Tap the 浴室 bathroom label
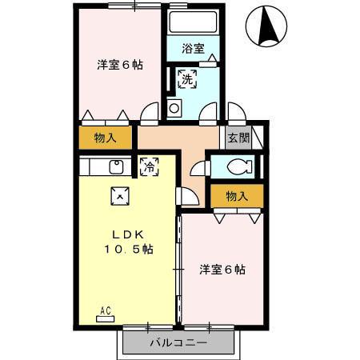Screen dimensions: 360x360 (192, 48)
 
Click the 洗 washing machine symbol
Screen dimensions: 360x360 (186, 78)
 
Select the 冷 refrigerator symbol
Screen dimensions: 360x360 (149, 166)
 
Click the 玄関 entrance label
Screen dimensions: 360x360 (238, 138)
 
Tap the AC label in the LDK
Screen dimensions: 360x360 (105, 310)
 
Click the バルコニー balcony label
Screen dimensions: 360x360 (180, 343)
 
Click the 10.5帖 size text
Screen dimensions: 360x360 (129, 249)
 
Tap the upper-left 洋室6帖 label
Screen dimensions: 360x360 (121, 65)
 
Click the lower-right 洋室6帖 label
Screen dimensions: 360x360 (222, 270)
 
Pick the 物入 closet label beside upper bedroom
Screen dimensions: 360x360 (106, 137)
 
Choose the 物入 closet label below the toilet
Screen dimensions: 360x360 (237, 196)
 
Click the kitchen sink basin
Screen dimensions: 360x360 (115, 167)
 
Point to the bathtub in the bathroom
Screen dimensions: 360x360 (192, 23)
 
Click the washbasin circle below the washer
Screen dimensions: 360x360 (174, 107)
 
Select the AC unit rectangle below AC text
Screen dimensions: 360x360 (105, 318)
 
